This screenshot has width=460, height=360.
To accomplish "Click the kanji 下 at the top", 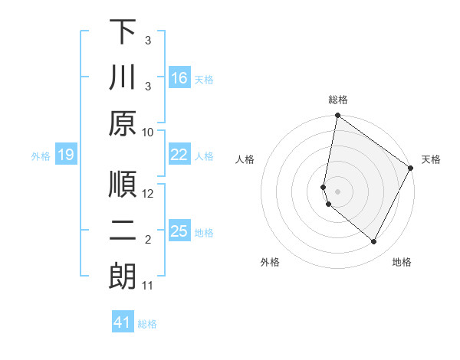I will pyautogui.click(x=123, y=32).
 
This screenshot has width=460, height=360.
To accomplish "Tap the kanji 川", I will pyautogui.click(x=123, y=77).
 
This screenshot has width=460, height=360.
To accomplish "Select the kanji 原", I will pyautogui.click(x=123, y=123).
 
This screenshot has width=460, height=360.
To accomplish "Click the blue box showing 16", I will pyautogui.click(x=179, y=78).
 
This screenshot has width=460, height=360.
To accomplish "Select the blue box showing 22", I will pyautogui.click(x=179, y=155).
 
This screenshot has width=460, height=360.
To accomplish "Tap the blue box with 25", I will pyautogui.click(x=179, y=232).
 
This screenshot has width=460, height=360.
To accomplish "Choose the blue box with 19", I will pyautogui.click(x=65, y=155).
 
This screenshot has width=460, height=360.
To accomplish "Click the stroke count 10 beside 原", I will pyautogui.click(x=148, y=132).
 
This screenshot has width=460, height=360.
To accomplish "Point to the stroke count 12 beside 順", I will pyautogui.click(x=148, y=194).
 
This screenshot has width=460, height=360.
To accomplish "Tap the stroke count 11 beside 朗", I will pyautogui.click(x=148, y=286).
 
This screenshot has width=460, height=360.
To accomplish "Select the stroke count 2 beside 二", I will pyautogui.click(x=148, y=241).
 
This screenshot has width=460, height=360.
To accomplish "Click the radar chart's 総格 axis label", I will pyautogui.click(x=338, y=100).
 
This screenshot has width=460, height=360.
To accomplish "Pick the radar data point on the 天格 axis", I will pyautogui.click(x=411, y=169).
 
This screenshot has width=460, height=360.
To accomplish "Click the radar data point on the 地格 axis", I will pyautogui.click(x=374, y=242).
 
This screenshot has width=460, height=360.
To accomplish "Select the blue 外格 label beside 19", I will pyautogui.click(x=41, y=156).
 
